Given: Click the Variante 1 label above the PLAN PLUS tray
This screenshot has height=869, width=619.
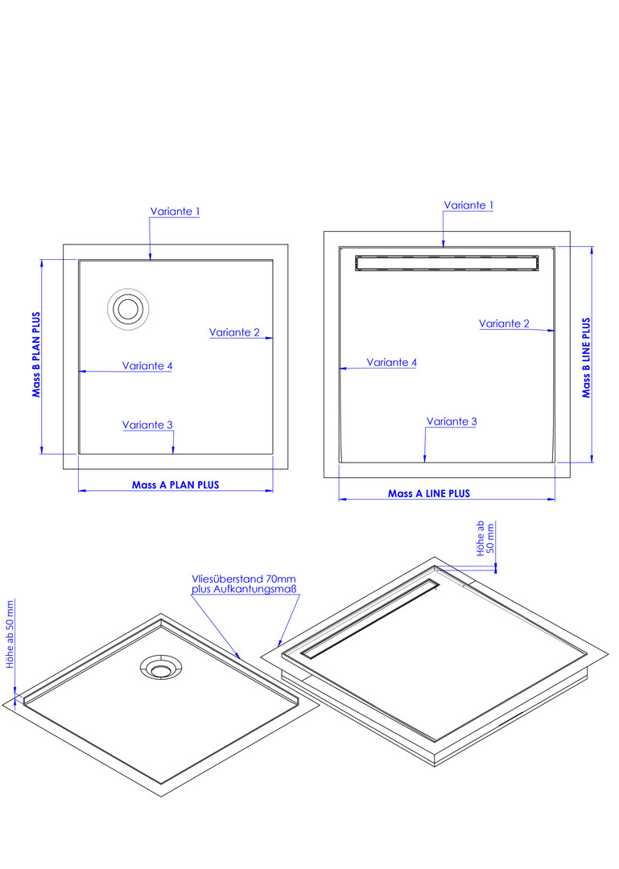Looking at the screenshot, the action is click(x=175, y=211).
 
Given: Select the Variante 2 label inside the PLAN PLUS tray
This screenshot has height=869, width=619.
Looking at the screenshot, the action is click(x=234, y=332).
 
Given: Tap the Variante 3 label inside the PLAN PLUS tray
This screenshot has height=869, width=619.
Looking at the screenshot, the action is click(x=147, y=425).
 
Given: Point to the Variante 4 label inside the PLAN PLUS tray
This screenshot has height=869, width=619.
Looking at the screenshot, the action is click(x=147, y=366).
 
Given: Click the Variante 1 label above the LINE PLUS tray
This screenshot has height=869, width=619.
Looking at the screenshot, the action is click(x=468, y=205).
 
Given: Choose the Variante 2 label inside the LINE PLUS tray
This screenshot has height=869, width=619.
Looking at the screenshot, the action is click(x=504, y=323).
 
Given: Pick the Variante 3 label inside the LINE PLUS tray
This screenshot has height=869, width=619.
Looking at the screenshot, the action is click(x=452, y=421).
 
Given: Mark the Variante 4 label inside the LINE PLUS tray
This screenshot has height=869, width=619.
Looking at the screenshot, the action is click(x=391, y=362).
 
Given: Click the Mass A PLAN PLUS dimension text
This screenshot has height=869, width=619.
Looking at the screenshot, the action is click(x=175, y=485).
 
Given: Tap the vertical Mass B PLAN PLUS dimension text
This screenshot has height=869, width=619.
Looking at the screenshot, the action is click(x=36, y=355).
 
